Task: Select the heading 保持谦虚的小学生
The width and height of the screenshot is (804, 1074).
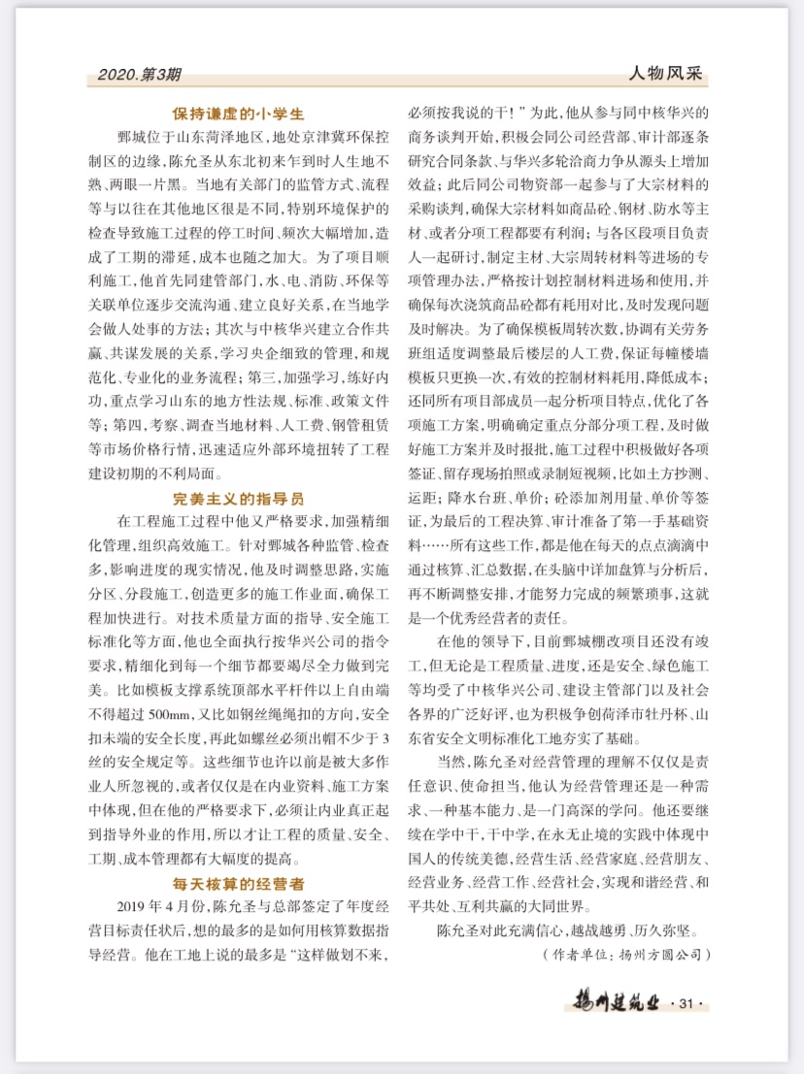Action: [239, 112]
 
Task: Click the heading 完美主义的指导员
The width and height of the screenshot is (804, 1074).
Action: [239, 499]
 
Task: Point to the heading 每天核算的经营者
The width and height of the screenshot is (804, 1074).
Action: [239, 884]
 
